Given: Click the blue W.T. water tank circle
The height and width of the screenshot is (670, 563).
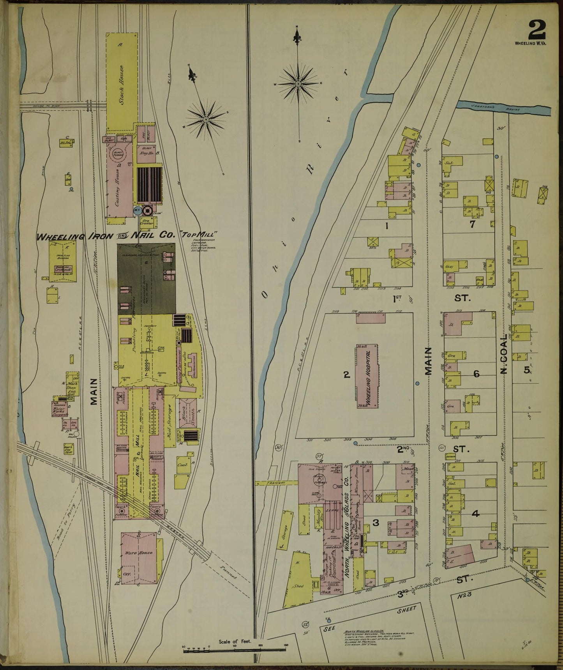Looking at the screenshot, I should click(x=137, y=210).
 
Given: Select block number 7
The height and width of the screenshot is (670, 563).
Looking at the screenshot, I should click(x=472, y=224).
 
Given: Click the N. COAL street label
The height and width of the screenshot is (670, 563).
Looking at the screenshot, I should click(x=504, y=354).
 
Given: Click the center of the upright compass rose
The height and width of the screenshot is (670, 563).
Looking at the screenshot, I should click(x=298, y=84).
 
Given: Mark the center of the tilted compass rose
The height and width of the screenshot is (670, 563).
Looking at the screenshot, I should click(x=206, y=119).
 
